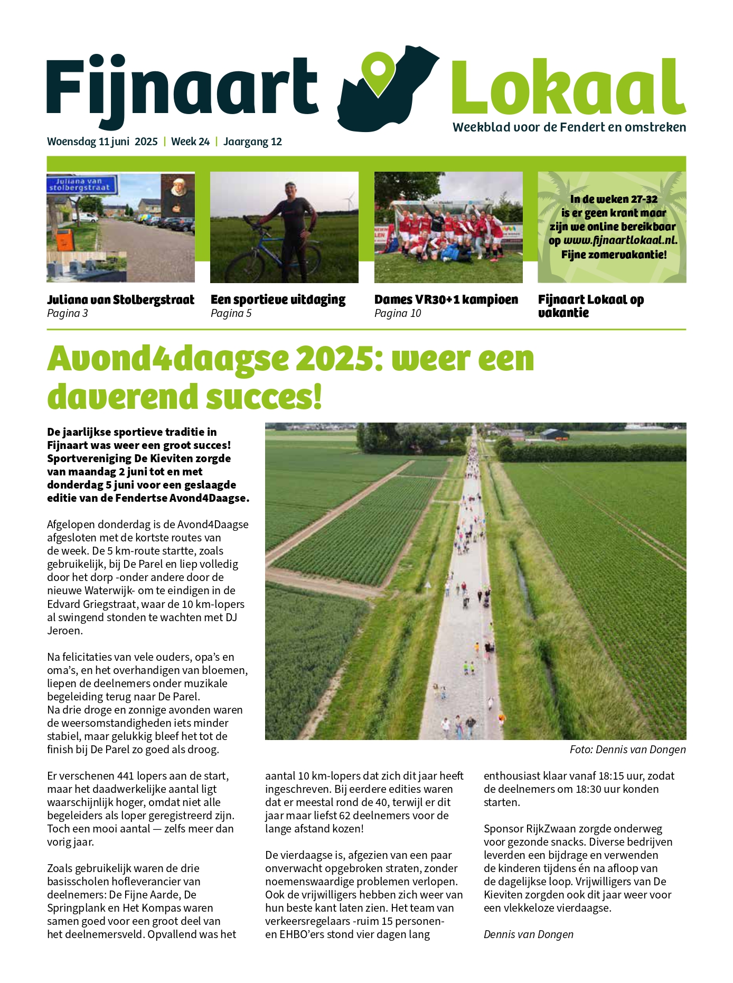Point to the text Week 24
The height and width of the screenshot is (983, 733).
[x=190, y=142]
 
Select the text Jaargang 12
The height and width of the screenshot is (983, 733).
[x=252, y=142]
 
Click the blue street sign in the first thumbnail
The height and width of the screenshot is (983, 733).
[x=80, y=184]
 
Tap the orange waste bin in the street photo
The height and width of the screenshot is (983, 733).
[x=64, y=239]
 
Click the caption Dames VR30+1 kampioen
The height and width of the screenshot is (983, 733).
[x=446, y=299]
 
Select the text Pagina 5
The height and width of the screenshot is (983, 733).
[x=231, y=313]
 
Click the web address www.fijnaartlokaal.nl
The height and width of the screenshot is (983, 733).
[x=620, y=240]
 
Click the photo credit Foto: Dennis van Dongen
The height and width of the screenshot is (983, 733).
[x=627, y=750]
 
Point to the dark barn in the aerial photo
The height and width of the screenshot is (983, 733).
[x=555, y=434]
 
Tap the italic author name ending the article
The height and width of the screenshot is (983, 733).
[x=528, y=934]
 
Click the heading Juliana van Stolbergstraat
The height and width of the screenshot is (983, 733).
[x=120, y=299]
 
